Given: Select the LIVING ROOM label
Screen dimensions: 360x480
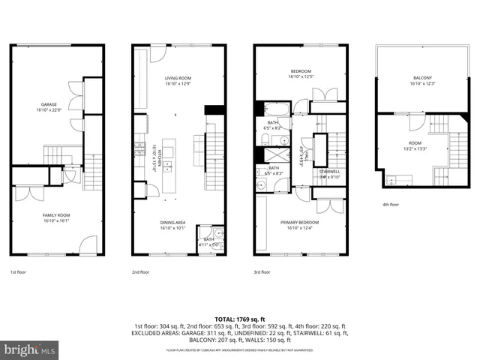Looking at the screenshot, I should point(178,77).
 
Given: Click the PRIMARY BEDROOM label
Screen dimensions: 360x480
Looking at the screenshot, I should point(299,222).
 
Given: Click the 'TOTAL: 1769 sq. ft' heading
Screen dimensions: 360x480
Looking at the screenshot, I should point(240,319).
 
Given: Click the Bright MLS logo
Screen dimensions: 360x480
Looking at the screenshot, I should point(30,349).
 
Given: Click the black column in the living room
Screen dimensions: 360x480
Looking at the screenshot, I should point(214,109).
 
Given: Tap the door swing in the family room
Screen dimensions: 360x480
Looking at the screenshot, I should point(88,244).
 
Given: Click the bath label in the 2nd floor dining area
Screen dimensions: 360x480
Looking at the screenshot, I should point(208,240).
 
